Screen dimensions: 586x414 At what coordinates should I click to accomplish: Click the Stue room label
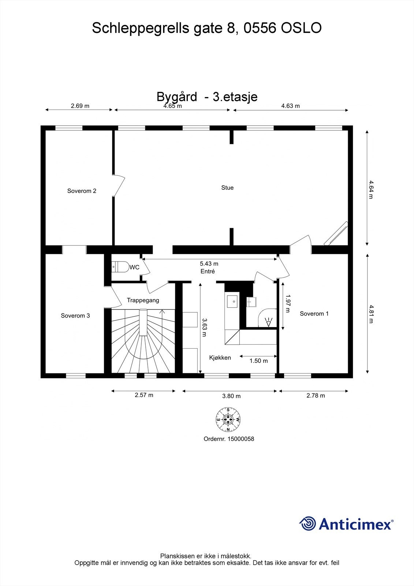(227, 188)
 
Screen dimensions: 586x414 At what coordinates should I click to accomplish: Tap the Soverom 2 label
(82, 191)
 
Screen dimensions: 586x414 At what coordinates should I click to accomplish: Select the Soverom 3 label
(75, 315)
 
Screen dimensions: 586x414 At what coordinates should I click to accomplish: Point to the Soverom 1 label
(314, 314)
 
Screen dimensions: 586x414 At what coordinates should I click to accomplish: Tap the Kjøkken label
(220, 357)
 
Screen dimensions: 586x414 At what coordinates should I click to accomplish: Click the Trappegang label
(143, 300)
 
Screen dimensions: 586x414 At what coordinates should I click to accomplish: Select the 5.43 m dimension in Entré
(209, 264)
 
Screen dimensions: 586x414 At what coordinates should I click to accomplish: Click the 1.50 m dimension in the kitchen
(258, 361)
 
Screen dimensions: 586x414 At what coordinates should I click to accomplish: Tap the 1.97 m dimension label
(288, 304)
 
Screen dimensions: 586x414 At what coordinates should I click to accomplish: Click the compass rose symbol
(228, 419)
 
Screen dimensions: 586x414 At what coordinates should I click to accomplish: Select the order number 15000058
(240, 438)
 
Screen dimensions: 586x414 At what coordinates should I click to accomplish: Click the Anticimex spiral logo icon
(307, 523)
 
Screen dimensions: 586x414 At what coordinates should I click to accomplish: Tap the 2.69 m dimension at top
(80, 106)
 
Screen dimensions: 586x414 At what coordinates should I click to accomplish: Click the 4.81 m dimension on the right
(371, 314)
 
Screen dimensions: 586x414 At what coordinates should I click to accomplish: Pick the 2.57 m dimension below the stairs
(144, 395)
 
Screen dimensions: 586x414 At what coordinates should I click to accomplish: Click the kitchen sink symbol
(232, 301)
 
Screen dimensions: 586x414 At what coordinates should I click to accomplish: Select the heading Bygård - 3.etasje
(207, 97)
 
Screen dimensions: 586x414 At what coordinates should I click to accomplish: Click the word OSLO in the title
(301, 28)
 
